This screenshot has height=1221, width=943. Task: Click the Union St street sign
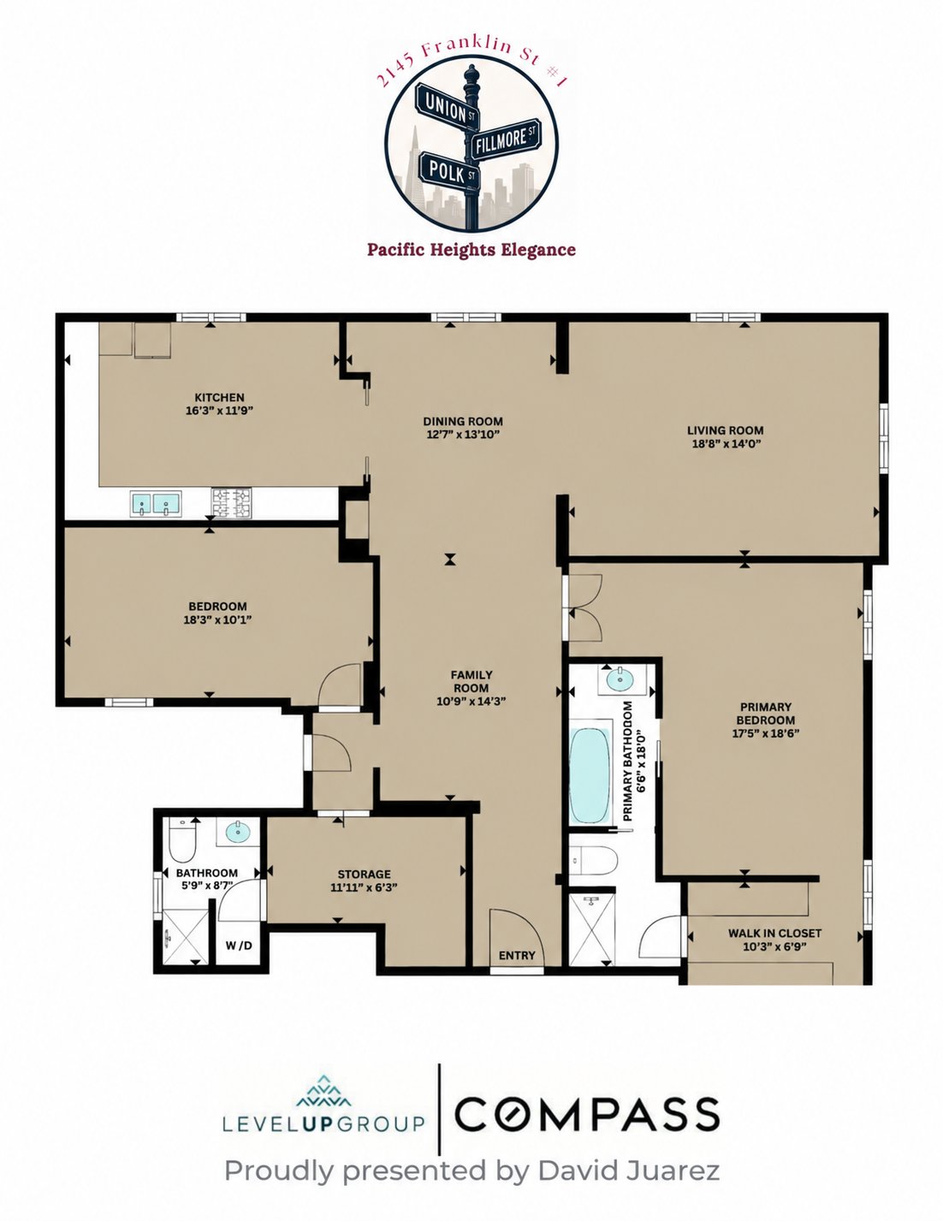(448, 106)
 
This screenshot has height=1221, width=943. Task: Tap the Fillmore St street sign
(505, 139)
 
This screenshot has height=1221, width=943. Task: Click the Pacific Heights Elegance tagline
(471, 250)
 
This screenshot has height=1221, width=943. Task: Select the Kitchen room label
(219, 397)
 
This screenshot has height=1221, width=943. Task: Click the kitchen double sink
(156, 503)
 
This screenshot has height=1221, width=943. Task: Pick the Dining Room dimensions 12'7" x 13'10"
(462, 434)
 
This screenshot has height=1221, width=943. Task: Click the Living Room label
(725, 430)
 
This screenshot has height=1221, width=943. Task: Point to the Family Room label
(471, 681)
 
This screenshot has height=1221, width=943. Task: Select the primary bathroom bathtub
(590, 776)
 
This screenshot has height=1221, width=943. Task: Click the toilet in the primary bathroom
(594, 860)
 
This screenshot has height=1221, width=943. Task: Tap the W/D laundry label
(239, 945)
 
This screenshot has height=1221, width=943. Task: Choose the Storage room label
(364, 874)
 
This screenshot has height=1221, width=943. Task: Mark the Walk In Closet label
(774, 933)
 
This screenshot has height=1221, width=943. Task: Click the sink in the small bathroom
(239, 833)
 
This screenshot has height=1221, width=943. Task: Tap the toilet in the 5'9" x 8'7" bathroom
(182, 840)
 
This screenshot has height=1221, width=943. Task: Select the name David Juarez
(629, 1171)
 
